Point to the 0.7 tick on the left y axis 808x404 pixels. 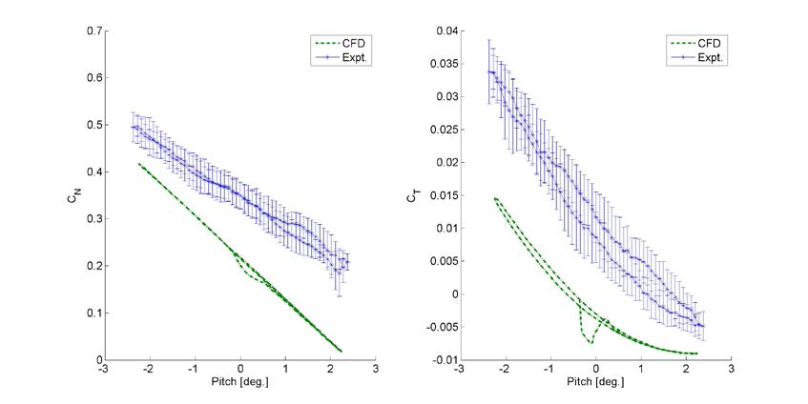[x=92, y=31]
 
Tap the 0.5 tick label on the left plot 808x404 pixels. [x=92, y=125]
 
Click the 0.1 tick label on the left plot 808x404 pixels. [x=92, y=313]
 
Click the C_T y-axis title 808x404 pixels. [x=413, y=195]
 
